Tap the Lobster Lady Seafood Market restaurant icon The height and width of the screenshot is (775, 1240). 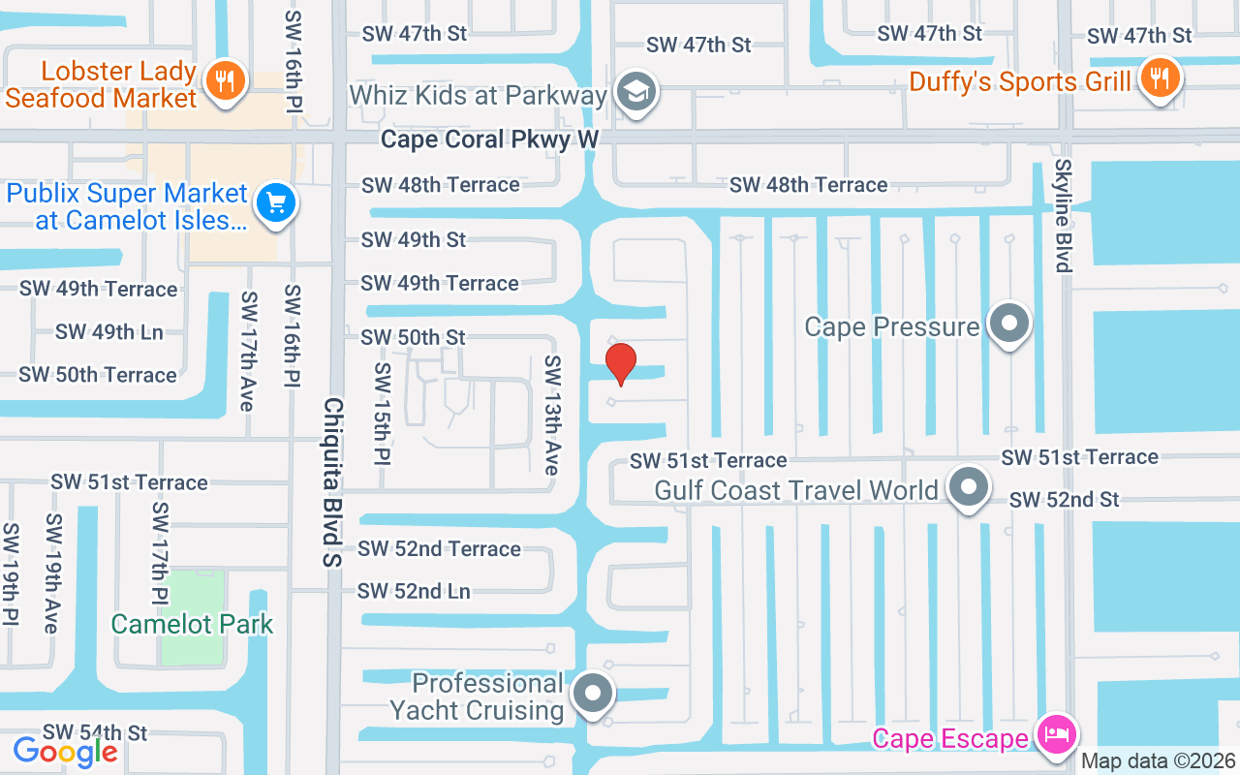(225, 81)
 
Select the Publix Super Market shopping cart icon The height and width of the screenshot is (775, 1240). (276, 203)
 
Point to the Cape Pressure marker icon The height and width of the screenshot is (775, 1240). (1009, 324)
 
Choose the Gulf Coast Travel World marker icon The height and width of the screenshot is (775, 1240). (968, 487)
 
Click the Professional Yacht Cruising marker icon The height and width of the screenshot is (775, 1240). (593, 694)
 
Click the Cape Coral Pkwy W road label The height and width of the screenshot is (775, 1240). (489, 139)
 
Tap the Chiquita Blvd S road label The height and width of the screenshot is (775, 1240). (333, 481)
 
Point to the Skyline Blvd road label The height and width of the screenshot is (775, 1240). (1064, 215)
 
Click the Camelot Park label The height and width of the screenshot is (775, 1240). (192, 624)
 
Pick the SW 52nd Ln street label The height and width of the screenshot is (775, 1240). (414, 591)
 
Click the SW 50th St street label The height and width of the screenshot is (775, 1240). (414, 337)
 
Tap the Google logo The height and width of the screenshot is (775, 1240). (66, 751)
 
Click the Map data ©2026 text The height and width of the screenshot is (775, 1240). (1158, 760)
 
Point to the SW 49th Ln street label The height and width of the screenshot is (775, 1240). (108, 332)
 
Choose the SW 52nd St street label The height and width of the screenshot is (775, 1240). (1064, 500)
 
